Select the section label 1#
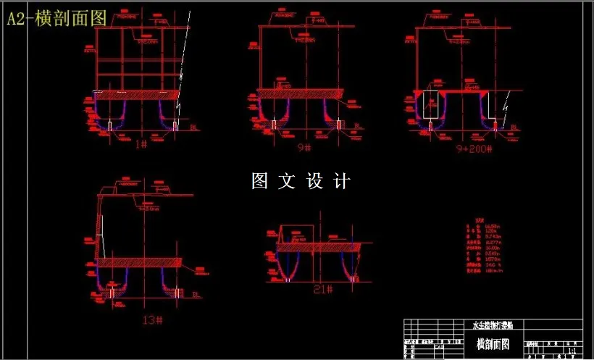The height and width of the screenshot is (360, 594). coord(142,143)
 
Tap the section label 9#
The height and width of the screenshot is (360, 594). coord(304,147)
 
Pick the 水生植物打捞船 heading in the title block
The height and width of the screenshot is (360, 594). coord(493,326)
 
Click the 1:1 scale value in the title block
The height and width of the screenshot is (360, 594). coord(571,351)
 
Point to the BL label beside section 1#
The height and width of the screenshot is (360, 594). coord(193,127)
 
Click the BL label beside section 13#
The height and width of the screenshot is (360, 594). coord(196,295)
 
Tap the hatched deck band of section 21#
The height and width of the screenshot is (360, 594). coord(319,247)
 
